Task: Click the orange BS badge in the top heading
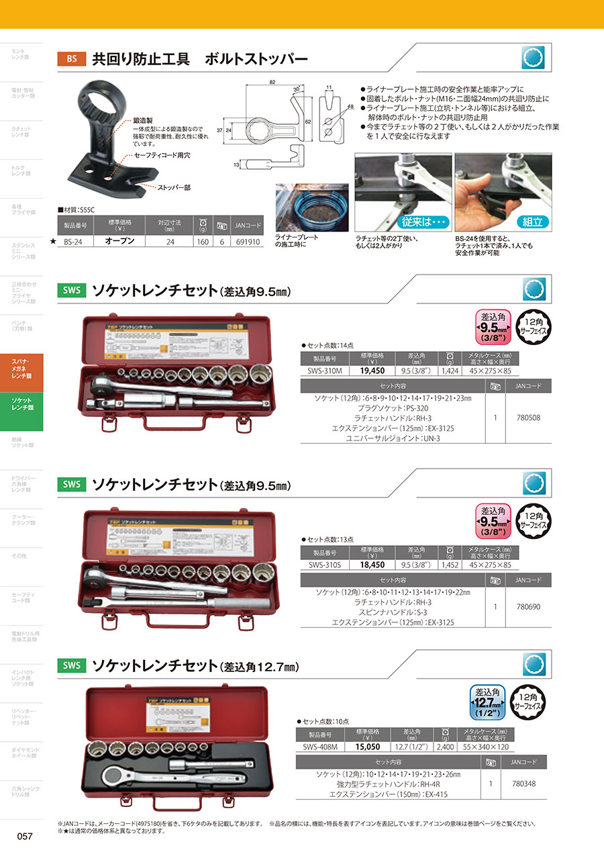coord(72,58)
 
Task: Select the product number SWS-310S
coord(325,565)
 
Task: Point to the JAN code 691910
coord(249,240)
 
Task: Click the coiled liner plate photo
coord(312,207)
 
